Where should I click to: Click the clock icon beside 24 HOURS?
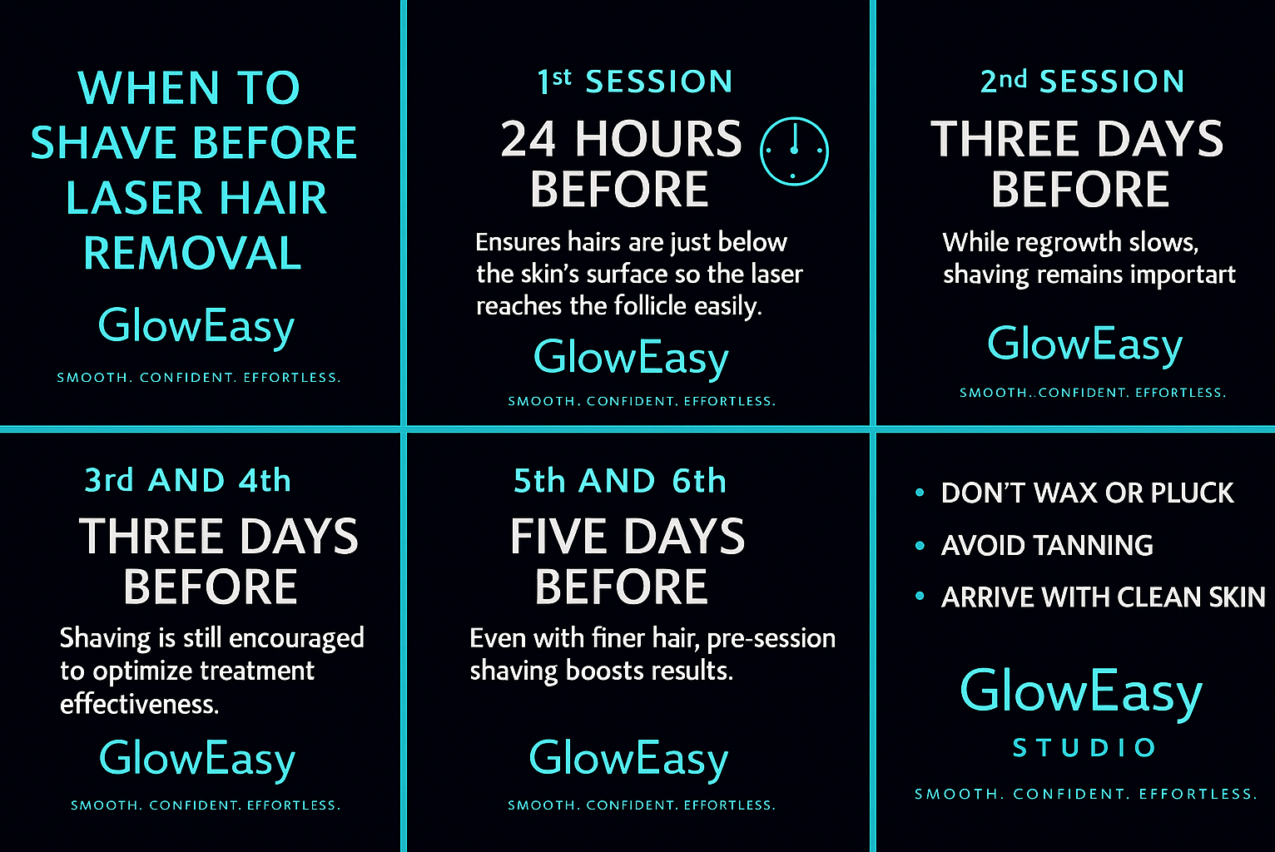[x=794, y=118]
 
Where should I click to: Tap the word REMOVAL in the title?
[x=192, y=253]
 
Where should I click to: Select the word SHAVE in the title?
[x=103, y=142]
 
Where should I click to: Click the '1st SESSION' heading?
[x=635, y=81]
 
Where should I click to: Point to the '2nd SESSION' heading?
[x=1083, y=81]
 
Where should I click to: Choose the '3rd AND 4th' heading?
[x=188, y=480]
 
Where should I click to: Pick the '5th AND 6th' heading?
[x=620, y=480]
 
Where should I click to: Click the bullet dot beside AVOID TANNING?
[x=920, y=545]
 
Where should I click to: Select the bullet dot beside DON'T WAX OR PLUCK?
[x=920, y=493]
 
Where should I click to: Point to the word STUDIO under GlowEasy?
[x=1084, y=747]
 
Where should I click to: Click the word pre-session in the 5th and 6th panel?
[x=771, y=639]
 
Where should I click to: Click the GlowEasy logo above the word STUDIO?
[x=1081, y=692]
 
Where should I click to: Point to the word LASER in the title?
[x=134, y=197]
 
